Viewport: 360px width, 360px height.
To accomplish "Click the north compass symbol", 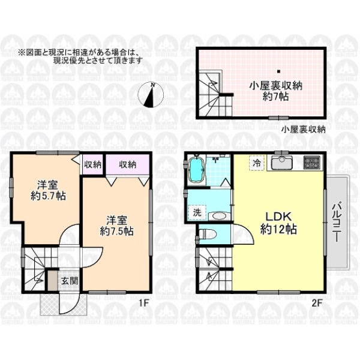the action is point(151,95).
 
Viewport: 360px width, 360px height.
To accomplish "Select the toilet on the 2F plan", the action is point(208,234).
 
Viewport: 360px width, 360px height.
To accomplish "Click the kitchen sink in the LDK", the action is point(282,163).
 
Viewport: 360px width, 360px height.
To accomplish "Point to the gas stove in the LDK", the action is point(311,163).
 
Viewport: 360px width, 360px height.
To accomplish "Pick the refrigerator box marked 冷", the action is point(257,163).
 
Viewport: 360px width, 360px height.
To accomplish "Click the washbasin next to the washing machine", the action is point(219,216).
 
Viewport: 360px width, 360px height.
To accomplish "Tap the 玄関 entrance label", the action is point(70,281).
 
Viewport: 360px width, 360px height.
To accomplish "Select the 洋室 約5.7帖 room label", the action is point(48,190).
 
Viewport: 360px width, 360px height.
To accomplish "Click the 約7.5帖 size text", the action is point(116,232).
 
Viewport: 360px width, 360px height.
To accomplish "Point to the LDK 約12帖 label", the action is point(279,222).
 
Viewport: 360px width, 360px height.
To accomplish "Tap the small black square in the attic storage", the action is point(278,71).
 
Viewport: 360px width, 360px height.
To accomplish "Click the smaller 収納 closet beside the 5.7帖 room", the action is point(92,164).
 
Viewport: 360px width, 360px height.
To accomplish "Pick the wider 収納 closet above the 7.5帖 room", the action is point(127,164).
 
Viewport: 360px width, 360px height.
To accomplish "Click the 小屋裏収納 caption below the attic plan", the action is point(303,130).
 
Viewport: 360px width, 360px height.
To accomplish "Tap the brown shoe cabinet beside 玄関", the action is point(52,281).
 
